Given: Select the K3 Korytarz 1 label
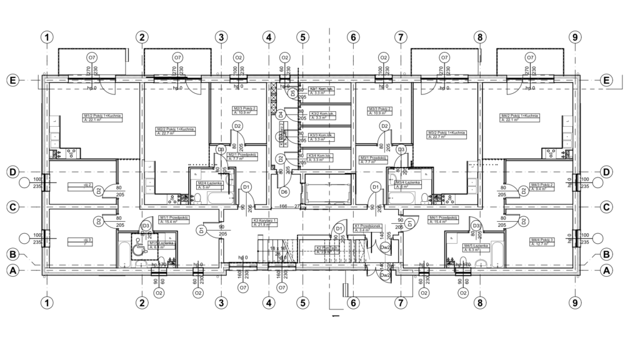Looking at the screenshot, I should (265, 222).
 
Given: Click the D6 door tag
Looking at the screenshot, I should (284, 191).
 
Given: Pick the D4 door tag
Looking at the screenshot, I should (281, 114).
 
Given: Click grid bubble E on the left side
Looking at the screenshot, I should (11, 81).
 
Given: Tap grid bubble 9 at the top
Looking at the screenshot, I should (576, 37).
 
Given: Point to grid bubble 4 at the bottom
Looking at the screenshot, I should (269, 303).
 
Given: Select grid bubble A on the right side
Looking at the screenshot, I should (605, 271).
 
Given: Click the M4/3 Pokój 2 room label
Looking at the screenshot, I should (542, 187).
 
